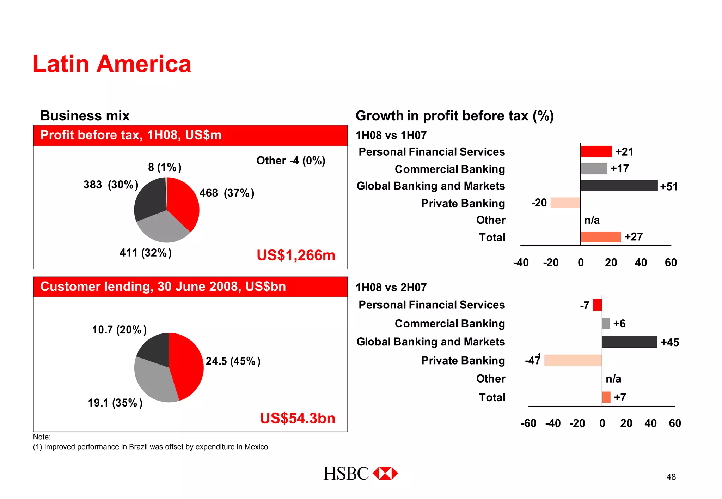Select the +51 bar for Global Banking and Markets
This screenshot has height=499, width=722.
(x=619, y=186)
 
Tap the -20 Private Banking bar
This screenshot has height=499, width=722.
(x=565, y=203)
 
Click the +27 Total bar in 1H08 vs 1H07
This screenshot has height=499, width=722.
(x=600, y=237)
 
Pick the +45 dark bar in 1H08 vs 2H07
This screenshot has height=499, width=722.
(x=629, y=342)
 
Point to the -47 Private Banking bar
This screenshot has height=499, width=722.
(x=573, y=360)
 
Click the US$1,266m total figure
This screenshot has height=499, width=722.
(x=296, y=255)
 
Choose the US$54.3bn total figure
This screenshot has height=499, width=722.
(x=298, y=418)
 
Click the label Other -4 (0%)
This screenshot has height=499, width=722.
(x=290, y=161)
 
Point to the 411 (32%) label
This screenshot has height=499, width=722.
(x=145, y=253)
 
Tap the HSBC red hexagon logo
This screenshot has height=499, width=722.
(x=385, y=473)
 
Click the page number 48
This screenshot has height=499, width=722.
(x=671, y=477)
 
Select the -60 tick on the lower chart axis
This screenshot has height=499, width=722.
(x=528, y=423)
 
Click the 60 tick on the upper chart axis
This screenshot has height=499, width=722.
(x=671, y=263)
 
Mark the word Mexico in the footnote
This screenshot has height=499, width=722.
(x=256, y=447)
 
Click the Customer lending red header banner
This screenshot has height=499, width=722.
(x=190, y=287)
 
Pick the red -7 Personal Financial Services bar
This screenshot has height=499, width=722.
(x=597, y=305)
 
